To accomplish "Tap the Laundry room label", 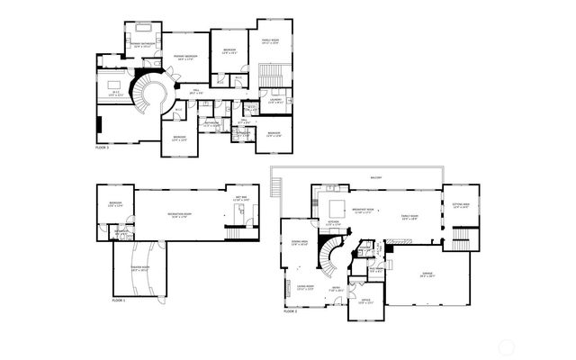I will (277, 102).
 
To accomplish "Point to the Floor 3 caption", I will (102, 147).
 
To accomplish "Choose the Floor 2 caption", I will (290, 310).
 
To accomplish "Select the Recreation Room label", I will (183, 215).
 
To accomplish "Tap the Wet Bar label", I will (242, 199).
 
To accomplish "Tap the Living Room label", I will (306, 288).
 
